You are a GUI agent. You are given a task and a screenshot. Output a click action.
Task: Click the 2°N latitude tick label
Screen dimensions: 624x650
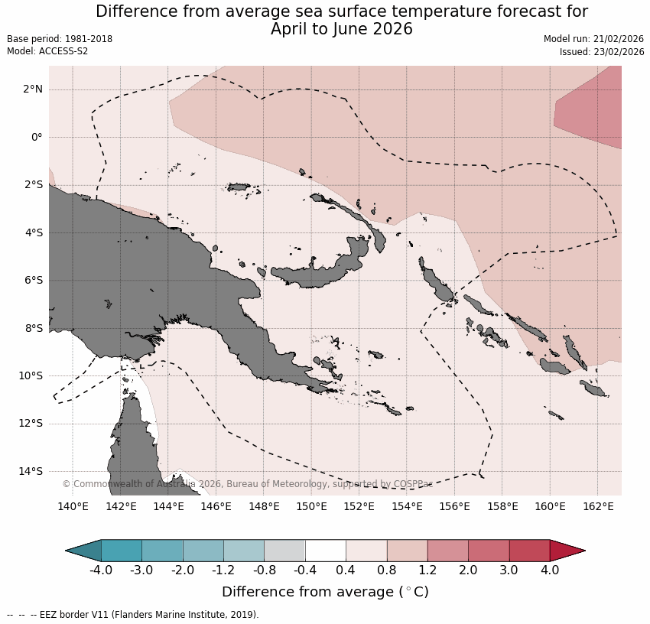(x=32, y=89)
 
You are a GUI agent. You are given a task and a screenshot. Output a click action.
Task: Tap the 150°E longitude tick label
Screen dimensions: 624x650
(x=312, y=506)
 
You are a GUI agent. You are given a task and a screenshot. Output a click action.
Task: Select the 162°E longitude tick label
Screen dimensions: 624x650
(x=598, y=506)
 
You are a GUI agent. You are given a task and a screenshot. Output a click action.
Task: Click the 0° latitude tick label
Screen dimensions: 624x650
(x=36, y=137)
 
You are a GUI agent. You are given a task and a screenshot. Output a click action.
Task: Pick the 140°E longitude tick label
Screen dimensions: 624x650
(x=73, y=506)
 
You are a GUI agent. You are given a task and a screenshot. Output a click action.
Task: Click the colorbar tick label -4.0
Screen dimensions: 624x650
(x=101, y=570)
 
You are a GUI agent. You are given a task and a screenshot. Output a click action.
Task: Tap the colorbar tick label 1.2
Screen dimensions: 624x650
(x=427, y=570)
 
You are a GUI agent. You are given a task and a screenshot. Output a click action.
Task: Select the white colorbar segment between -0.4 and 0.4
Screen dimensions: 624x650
(x=326, y=551)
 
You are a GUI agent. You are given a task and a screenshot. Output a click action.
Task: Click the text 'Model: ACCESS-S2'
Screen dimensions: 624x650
(x=47, y=51)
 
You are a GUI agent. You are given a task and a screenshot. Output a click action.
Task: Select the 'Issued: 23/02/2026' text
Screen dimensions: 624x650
(x=602, y=51)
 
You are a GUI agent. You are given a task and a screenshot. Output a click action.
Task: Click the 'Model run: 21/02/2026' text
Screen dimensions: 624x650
(x=593, y=39)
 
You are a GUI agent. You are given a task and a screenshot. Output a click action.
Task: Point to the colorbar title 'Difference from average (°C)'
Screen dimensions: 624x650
(x=325, y=592)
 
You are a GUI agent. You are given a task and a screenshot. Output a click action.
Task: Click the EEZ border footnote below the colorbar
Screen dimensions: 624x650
(x=134, y=615)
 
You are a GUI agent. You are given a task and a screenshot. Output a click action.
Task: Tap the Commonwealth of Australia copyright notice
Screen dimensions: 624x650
(x=247, y=484)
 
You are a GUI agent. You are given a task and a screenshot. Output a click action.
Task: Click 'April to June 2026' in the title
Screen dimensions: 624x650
(x=341, y=29)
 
